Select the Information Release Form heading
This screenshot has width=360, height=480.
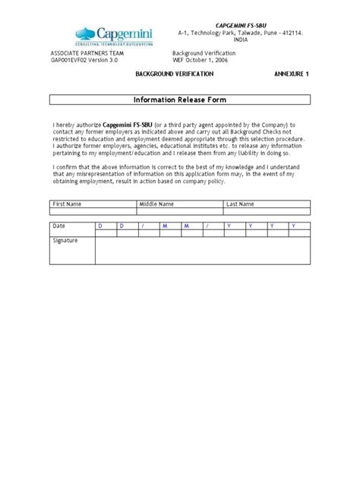click(x=179, y=99)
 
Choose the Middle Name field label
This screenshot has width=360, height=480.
click(x=156, y=204)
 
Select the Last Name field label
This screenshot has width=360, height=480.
click(x=242, y=204)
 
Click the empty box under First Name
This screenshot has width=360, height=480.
click(x=93, y=212)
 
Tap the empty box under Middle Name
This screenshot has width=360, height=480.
click(x=180, y=212)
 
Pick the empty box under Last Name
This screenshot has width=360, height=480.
click(x=267, y=212)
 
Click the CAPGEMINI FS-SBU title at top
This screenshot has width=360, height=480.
click(x=233, y=26)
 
